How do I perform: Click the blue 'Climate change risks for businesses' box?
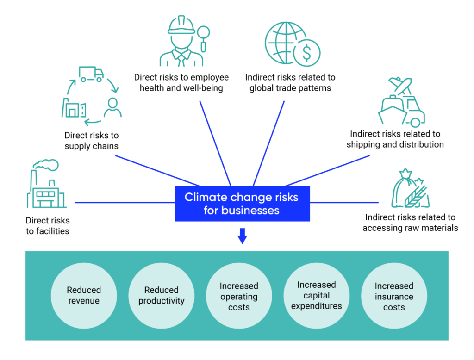click(x=242, y=204)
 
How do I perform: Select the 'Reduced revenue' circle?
click(x=84, y=295)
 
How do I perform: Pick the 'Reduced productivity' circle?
click(x=161, y=295)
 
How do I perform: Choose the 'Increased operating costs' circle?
click(x=239, y=296)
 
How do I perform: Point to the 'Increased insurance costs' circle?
click(x=394, y=296)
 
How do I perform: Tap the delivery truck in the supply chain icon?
click(x=91, y=74)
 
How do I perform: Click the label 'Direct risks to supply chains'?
click(x=91, y=141)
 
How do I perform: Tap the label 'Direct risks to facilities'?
click(x=48, y=226)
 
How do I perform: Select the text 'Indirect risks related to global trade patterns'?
click(x=290, y=82)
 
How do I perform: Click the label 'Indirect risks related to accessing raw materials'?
click(x=410, y=222)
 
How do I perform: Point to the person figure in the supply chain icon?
click(x=112, y=107)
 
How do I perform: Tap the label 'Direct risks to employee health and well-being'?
click(x=181, y=82)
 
